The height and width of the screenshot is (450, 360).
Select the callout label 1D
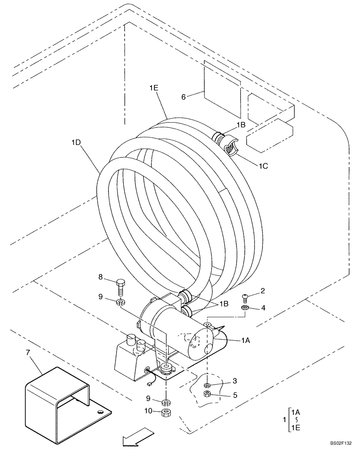[x=76, y=142]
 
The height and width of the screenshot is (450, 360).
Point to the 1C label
[x=264, y=166]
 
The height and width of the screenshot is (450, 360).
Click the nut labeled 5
[x=207, y=394]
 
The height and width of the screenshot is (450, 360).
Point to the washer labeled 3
[x=207, y=385]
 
